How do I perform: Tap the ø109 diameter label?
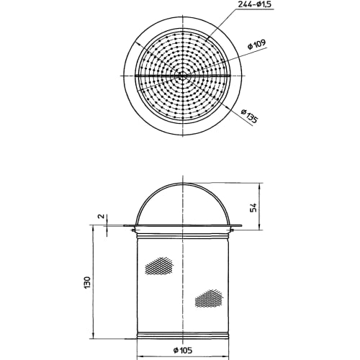point(255,44)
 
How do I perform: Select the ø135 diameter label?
point(248,116)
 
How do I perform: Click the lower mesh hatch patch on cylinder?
point(209,297)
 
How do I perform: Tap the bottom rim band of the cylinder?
point(183,334)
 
